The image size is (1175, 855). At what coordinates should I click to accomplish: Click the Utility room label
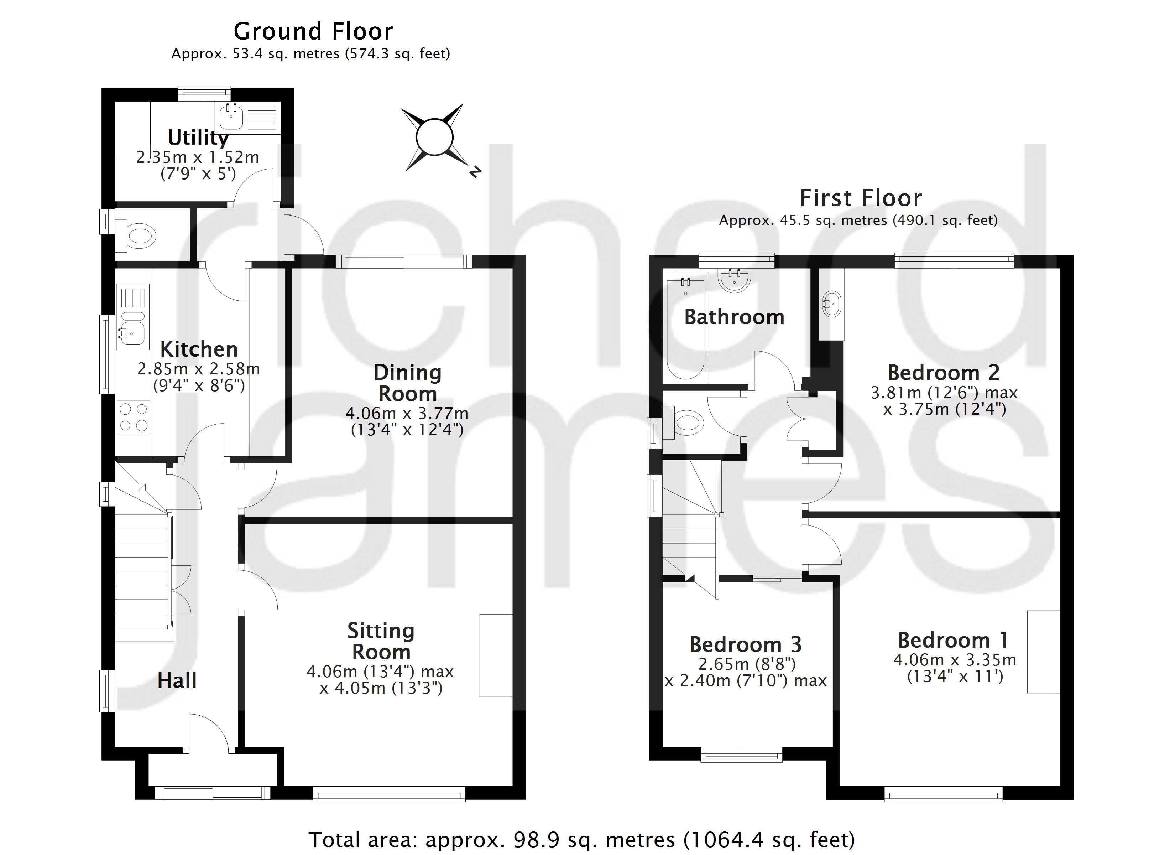coord(198,138)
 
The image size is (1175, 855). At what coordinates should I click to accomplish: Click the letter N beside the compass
coord(475,172)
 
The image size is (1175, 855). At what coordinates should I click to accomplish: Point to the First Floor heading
coord(861,198)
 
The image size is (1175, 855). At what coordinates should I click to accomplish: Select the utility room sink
coord(231,117)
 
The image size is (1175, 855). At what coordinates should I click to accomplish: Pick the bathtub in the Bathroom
coord(685,329)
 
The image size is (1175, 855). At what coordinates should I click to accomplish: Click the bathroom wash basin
coord(734,280)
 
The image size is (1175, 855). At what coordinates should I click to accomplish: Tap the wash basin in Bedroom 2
coord(831,304)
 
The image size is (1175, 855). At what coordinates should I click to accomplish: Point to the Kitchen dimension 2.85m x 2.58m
coord(198,369)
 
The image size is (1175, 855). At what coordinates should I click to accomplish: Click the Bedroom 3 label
coord(746,644)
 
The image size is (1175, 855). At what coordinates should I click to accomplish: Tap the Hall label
coord(177,681)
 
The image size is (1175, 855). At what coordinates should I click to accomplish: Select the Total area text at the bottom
coord(581,839)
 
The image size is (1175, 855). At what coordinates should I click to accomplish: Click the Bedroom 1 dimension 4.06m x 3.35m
coord(954,660)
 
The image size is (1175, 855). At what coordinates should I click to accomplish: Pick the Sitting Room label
coord(381,641)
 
